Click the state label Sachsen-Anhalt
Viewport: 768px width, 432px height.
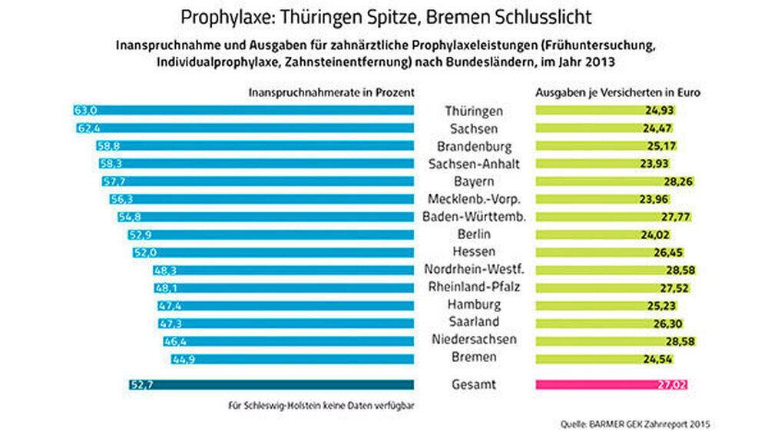(x=474, y=164)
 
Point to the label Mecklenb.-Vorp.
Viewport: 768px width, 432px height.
(x=474, y=199)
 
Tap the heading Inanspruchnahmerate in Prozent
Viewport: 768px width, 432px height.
(x=332, y=91)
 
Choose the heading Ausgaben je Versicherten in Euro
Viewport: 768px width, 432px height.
(x=621, y=91)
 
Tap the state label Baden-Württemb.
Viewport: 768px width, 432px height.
(x=474, y=217)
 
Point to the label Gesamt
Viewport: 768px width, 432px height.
(x=474, y=384)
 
